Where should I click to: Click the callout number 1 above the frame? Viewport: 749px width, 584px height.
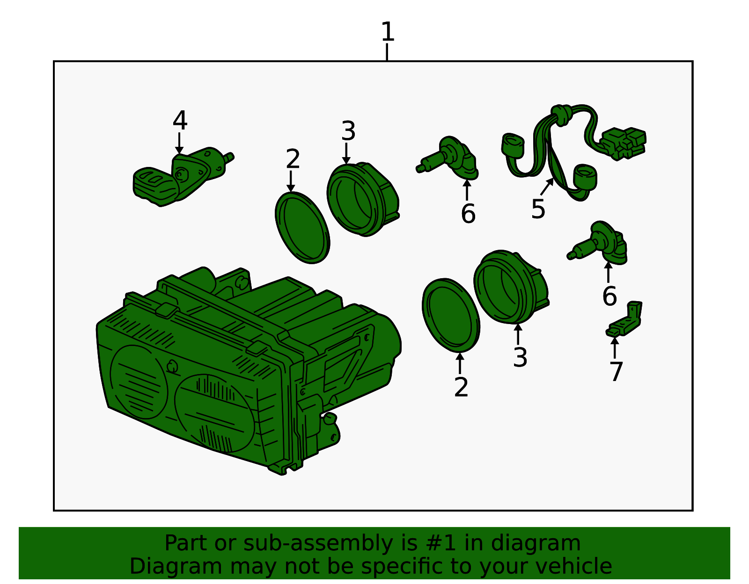pyautogui.click(x=388, y=31)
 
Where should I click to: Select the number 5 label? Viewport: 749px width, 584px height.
pyautogui.click(x=538, y=209)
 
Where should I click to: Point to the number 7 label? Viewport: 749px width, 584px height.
pyautogui.click(x=616, y=372)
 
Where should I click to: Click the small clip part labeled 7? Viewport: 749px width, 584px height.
pyautogui.click(x=624, y=318)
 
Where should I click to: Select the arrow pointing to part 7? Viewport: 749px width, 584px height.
pyautogui.click(x=615, y=348)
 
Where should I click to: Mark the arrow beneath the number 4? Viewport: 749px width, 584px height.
pyautogui.click(x=179, y=143)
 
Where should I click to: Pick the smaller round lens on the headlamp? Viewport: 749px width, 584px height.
pyautogui.click(x=139, y=382)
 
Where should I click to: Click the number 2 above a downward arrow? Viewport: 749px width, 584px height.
pyautogui.click(x=293, y=159)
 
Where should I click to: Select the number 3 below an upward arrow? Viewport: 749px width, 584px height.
pyautogui.click(x=520, y=358)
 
